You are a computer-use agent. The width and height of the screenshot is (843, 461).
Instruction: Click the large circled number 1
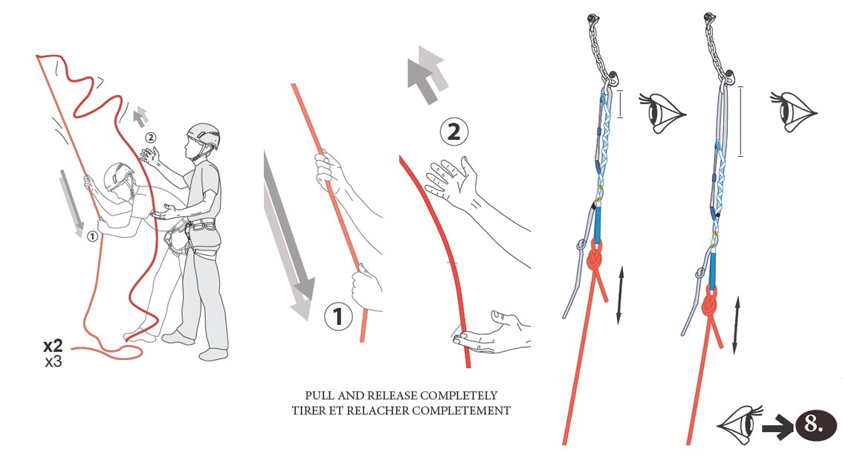338,316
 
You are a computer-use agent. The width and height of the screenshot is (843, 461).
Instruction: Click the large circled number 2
453,132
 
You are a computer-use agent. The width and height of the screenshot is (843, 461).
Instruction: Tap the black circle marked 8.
815,425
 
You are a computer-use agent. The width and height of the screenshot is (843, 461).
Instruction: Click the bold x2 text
54,345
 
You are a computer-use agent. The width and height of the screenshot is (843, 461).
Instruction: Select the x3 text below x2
54,361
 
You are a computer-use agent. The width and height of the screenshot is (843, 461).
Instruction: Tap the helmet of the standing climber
203,136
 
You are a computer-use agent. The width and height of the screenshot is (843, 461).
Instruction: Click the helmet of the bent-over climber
119,175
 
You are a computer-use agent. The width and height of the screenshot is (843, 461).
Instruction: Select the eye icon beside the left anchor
662,112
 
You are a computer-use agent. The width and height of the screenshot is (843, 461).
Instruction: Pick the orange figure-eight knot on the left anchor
594,258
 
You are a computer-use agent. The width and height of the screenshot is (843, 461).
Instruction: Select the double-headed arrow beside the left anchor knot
621,294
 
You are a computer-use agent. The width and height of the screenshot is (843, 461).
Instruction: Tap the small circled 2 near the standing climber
150,138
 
